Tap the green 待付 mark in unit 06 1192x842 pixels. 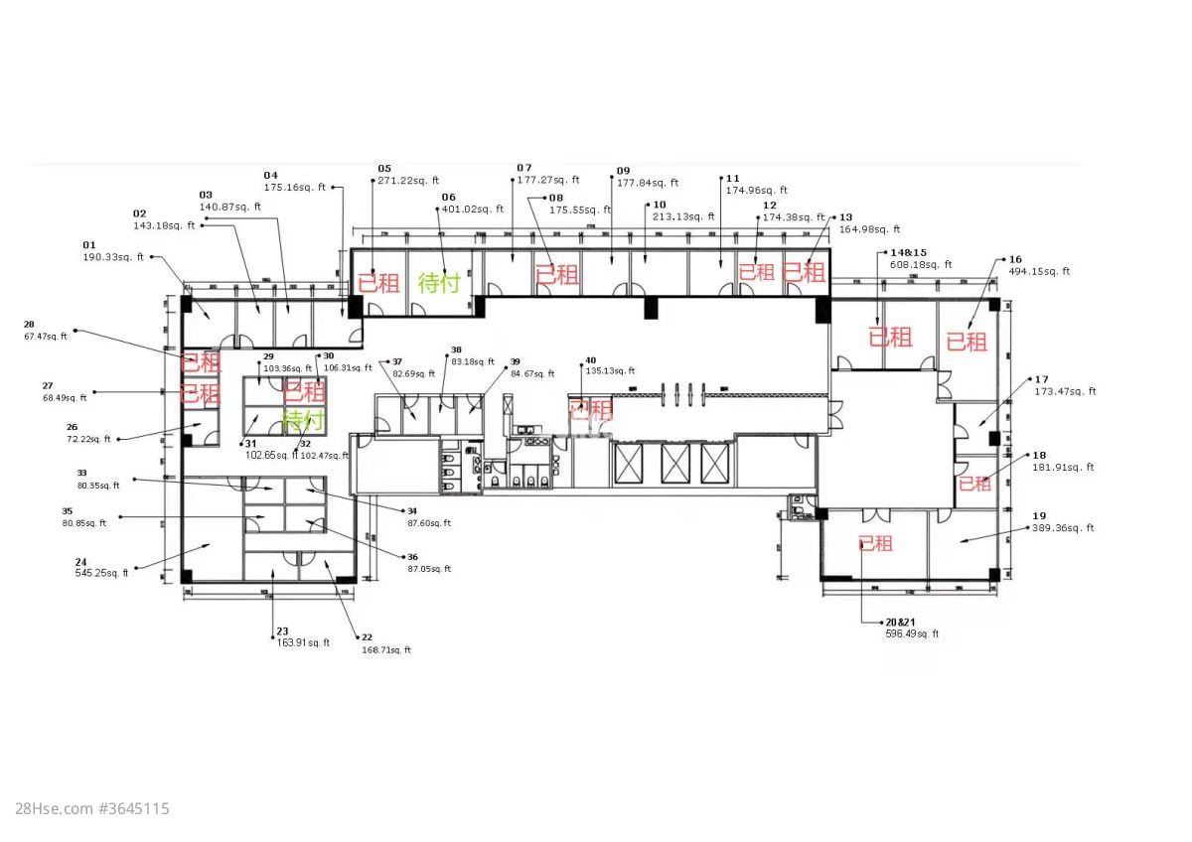[x=438, y=282]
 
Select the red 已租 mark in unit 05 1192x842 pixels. [x=377, y=282]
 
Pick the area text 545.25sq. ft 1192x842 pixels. [x=101, y=573]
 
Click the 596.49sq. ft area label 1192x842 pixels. [x=911, y=633]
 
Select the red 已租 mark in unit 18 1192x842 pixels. [x=974, y=484]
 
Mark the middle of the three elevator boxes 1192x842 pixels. [x=675, y=464]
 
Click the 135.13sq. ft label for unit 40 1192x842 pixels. [x=610, y=371]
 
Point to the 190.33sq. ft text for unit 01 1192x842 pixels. [x=113, y=256]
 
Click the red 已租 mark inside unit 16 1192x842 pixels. [x=966, y=341]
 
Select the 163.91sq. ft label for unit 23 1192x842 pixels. [x=303, y=642]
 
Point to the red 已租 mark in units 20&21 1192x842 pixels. [x=875, y=543]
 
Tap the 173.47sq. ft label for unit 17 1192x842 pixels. [x=1065, y=391]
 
